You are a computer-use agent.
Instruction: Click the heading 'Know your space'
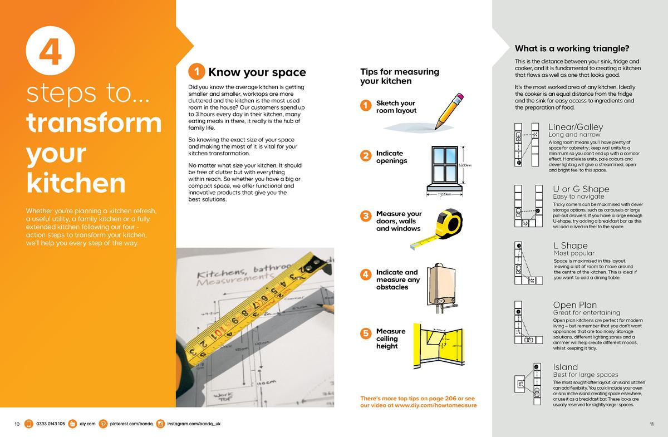pos(257,72)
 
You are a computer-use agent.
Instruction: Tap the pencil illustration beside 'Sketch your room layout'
pos(449,111)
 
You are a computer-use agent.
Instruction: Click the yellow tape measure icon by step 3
pos(445,225)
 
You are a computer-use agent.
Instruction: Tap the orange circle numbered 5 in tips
pos(365,333)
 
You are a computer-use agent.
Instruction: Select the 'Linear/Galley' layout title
pos(576,127)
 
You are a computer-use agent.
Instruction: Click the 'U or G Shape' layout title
pos(581,189)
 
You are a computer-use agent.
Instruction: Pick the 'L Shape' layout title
pos(571,245)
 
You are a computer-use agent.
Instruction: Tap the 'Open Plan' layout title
pos(574,305)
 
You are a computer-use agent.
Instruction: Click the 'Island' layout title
pos(565,367)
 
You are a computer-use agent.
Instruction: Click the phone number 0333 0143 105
pos(51,424)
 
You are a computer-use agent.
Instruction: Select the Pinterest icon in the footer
pos(103,424)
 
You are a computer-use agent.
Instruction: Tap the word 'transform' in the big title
pos(94,124)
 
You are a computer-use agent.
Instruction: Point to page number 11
pos(651,425)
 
